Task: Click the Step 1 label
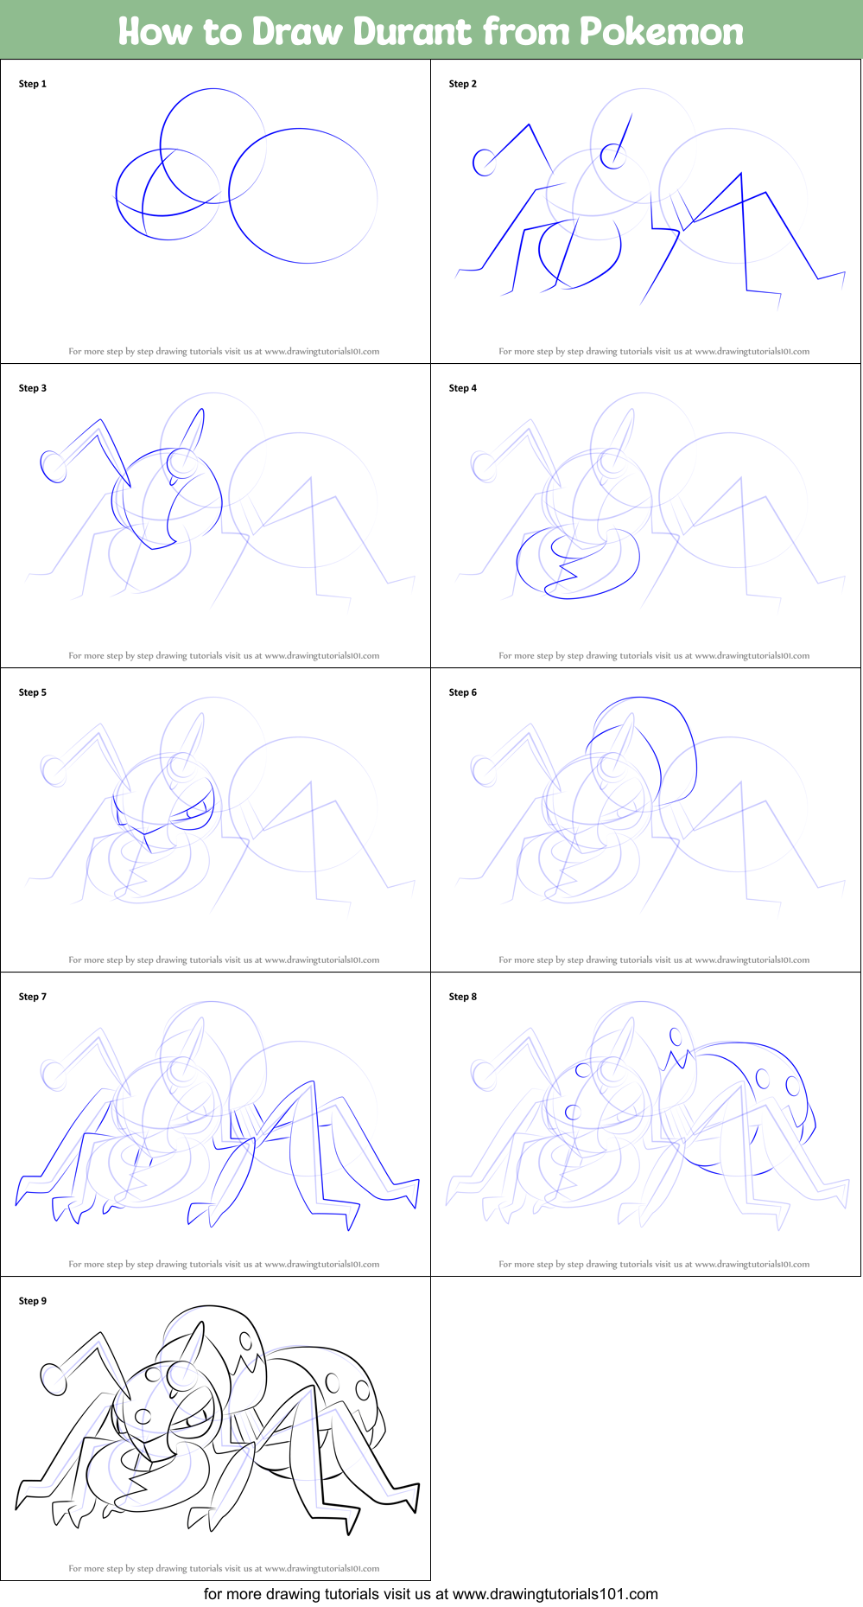(33, 84)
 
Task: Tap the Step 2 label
(463, 84)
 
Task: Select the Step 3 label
(33, 388)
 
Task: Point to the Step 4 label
(463, 388)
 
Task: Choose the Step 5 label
(33, 692)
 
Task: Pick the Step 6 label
(463, 692)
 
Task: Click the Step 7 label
(33, 997)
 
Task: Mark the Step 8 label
(463, 997)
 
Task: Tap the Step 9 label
(33, 1301)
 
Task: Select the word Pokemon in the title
(661, 32)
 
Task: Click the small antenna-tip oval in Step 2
(484, 162)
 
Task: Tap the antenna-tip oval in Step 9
(54, 1379)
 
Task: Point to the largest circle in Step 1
(303, 195)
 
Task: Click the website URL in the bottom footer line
(555, 1594)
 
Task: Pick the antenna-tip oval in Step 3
(54, 467)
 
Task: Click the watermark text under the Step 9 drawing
(224, 1568)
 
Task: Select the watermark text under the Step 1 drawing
(224, 351)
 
